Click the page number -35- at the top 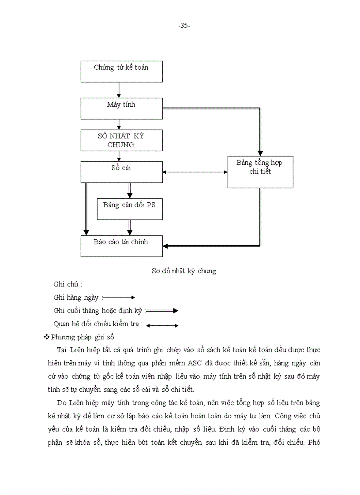pos(184,26)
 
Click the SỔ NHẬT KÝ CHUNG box pos(121,140)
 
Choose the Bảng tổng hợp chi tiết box pos(260,172)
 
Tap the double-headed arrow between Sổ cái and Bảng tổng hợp pos(195,172)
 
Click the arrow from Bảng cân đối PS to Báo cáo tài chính pos(130,227)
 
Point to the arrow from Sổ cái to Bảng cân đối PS pos(130,190)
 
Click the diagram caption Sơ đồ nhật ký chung pos(184,271)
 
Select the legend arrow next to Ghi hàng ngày pos(119,298)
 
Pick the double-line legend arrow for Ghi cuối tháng pos(162,311)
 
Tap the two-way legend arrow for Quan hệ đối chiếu pos(162,326)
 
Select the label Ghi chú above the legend pos(67,284)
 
